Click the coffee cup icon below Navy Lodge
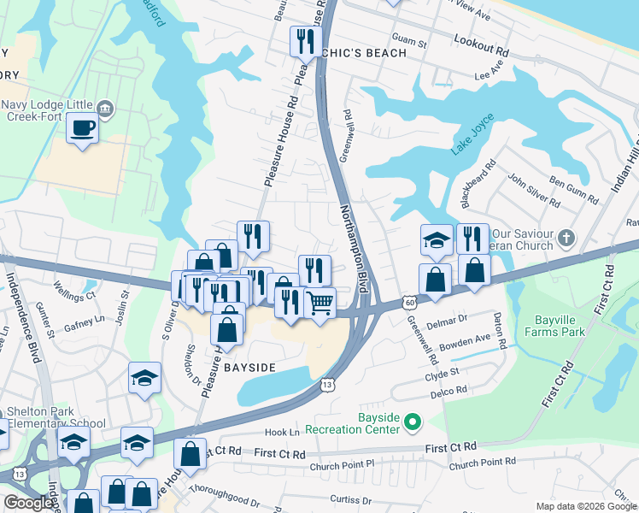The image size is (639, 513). pos(82,128)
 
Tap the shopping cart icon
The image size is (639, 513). pos(319,304)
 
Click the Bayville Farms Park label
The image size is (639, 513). pos(560,325)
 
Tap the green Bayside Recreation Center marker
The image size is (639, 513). pos(413,421)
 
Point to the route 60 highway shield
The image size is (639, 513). pos(411,303)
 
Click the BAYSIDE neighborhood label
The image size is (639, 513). pos(249,367)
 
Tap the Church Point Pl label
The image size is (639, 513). pos(342,463)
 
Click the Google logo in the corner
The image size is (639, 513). pos(27,502)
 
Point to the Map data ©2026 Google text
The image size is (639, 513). pos(585,506)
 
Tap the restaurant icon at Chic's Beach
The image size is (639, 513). pos(304,42)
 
